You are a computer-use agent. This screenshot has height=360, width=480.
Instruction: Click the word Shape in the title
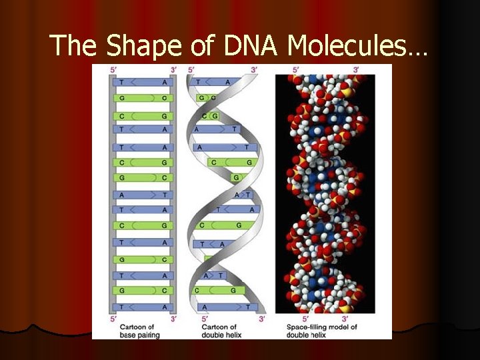coord(140,45)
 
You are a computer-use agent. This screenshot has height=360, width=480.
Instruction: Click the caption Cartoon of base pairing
coord(137,331)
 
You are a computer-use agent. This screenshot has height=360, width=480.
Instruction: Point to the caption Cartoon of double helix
coord(218,331)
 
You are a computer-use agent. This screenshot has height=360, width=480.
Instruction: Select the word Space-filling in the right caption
coord(311,327)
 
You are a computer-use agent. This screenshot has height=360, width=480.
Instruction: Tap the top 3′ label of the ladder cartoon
coord(173,69)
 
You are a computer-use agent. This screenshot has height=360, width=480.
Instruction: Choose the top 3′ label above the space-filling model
coord(356,69)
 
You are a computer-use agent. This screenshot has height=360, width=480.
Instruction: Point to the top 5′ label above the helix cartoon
coord(192,69)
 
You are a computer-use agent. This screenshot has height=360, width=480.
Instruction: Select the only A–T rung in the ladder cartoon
coord(143,195)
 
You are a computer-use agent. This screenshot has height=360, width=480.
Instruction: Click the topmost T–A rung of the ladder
coord(143,82)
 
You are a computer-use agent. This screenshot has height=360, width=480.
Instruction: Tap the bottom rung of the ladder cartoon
coord(143,307)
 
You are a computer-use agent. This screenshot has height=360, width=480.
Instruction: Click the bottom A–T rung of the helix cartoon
coord(227,307)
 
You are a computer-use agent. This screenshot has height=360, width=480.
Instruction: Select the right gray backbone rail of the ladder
coord(173,193)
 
